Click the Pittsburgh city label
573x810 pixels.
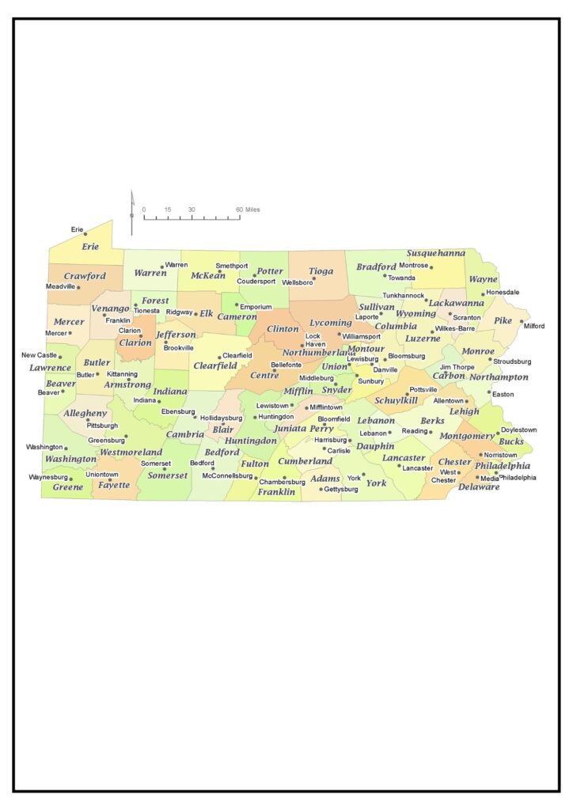(102, 426)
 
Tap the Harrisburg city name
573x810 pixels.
(330, 440)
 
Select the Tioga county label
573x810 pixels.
(321, 271)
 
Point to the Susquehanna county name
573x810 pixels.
(435, 253)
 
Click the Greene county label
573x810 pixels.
(67, 487)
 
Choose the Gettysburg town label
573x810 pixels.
(341, 490)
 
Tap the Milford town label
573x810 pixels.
(534, 325)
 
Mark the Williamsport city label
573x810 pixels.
(362, 336)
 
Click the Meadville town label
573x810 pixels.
(60, 286)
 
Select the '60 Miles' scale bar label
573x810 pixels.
(247, 210)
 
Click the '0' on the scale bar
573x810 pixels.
(144, 210)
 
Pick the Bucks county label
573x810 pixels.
(510, 441)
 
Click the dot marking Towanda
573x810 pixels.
(385, 275)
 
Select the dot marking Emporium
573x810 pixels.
(236, 305)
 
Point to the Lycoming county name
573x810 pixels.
(330, 323)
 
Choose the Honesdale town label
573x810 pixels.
(503, 292)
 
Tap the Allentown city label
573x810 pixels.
(448, 401)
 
